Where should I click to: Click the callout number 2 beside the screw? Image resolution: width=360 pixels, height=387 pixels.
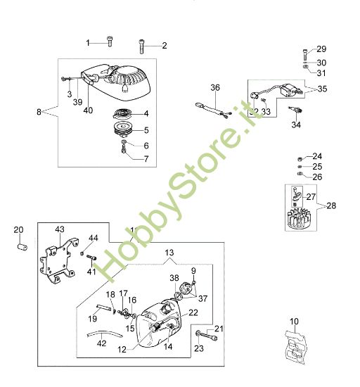point(165,46)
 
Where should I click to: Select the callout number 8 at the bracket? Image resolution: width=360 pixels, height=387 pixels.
point(39,110)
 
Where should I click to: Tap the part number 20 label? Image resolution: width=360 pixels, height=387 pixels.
point(19,229)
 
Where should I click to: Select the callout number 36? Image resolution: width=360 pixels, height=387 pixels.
point(215,87)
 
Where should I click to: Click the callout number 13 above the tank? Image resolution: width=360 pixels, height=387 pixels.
point(169,252)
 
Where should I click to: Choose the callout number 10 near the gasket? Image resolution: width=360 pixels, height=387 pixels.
point(294,322)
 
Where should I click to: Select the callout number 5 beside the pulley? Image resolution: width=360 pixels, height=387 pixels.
point(145,130)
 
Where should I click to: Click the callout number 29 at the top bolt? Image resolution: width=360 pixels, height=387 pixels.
point(321,49)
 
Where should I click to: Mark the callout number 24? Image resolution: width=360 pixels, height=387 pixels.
point(317,156)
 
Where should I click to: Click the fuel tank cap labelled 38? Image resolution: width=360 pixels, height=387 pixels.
point(187,288)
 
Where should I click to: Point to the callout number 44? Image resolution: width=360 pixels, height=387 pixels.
point(94,239)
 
